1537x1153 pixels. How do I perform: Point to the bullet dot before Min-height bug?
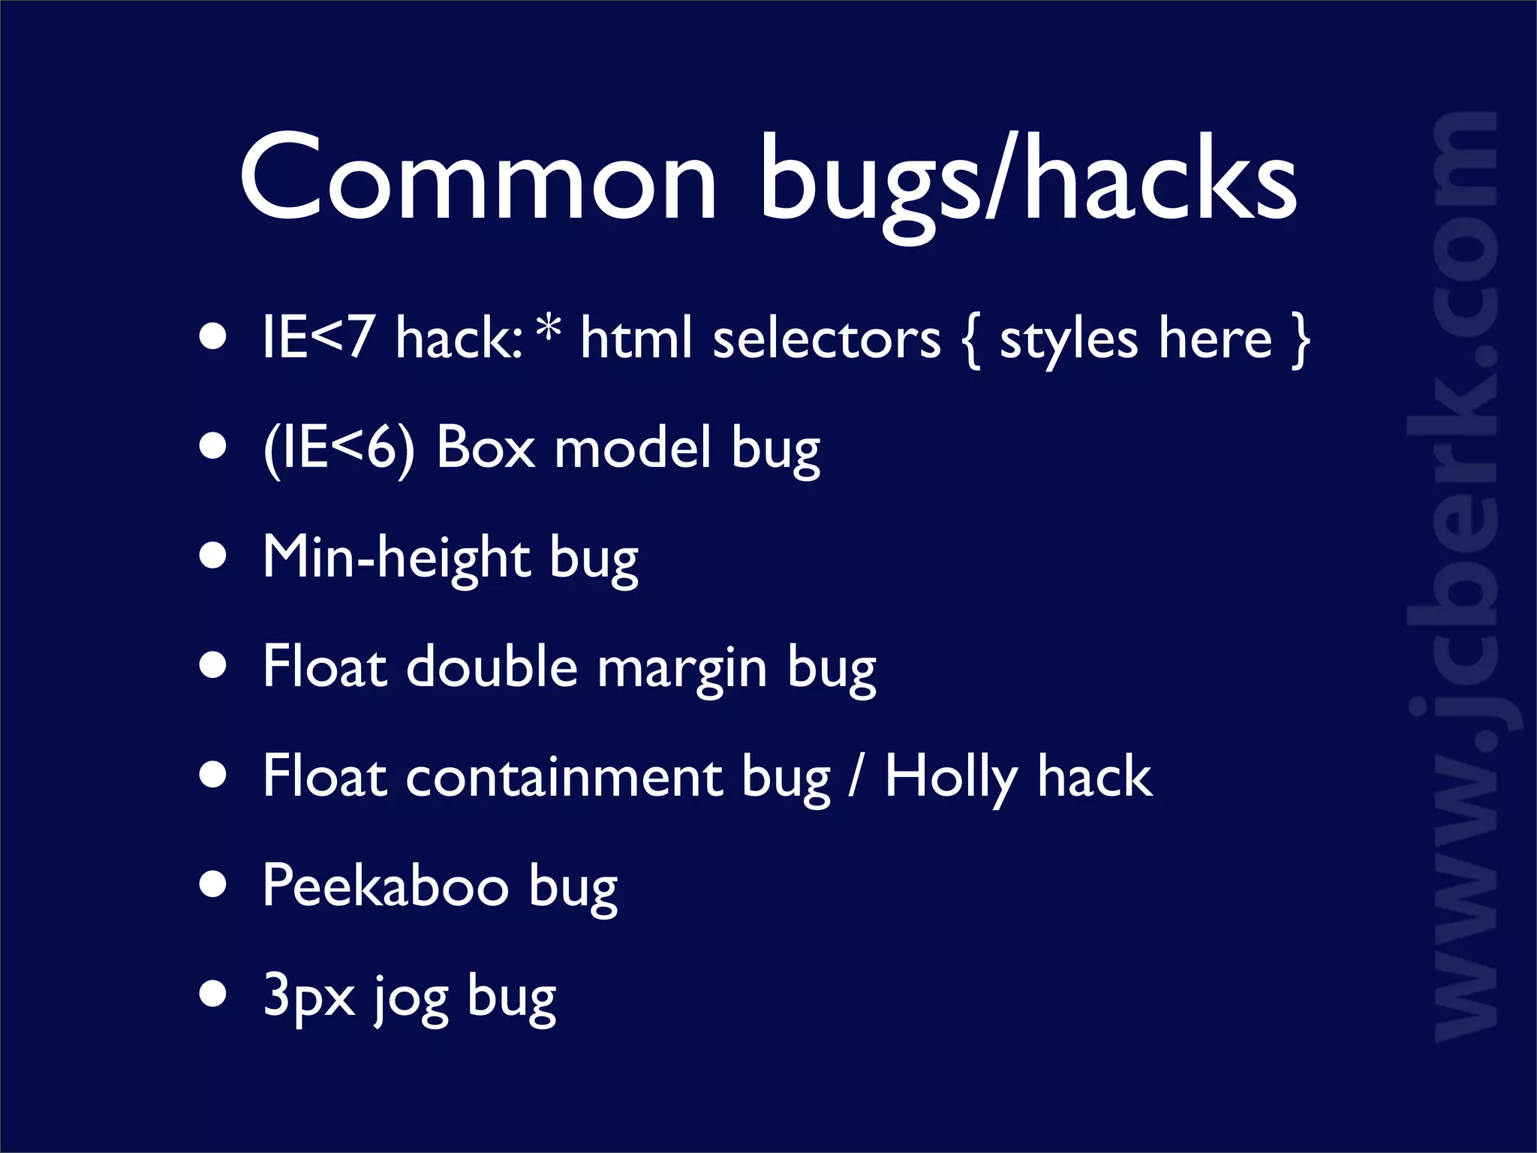214,556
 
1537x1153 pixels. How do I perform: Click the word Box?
486,447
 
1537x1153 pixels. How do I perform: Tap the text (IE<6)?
338,448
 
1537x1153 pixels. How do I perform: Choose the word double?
492,667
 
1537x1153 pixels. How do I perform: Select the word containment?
564,778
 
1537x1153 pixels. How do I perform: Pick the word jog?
411,998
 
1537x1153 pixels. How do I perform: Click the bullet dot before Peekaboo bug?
214,884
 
